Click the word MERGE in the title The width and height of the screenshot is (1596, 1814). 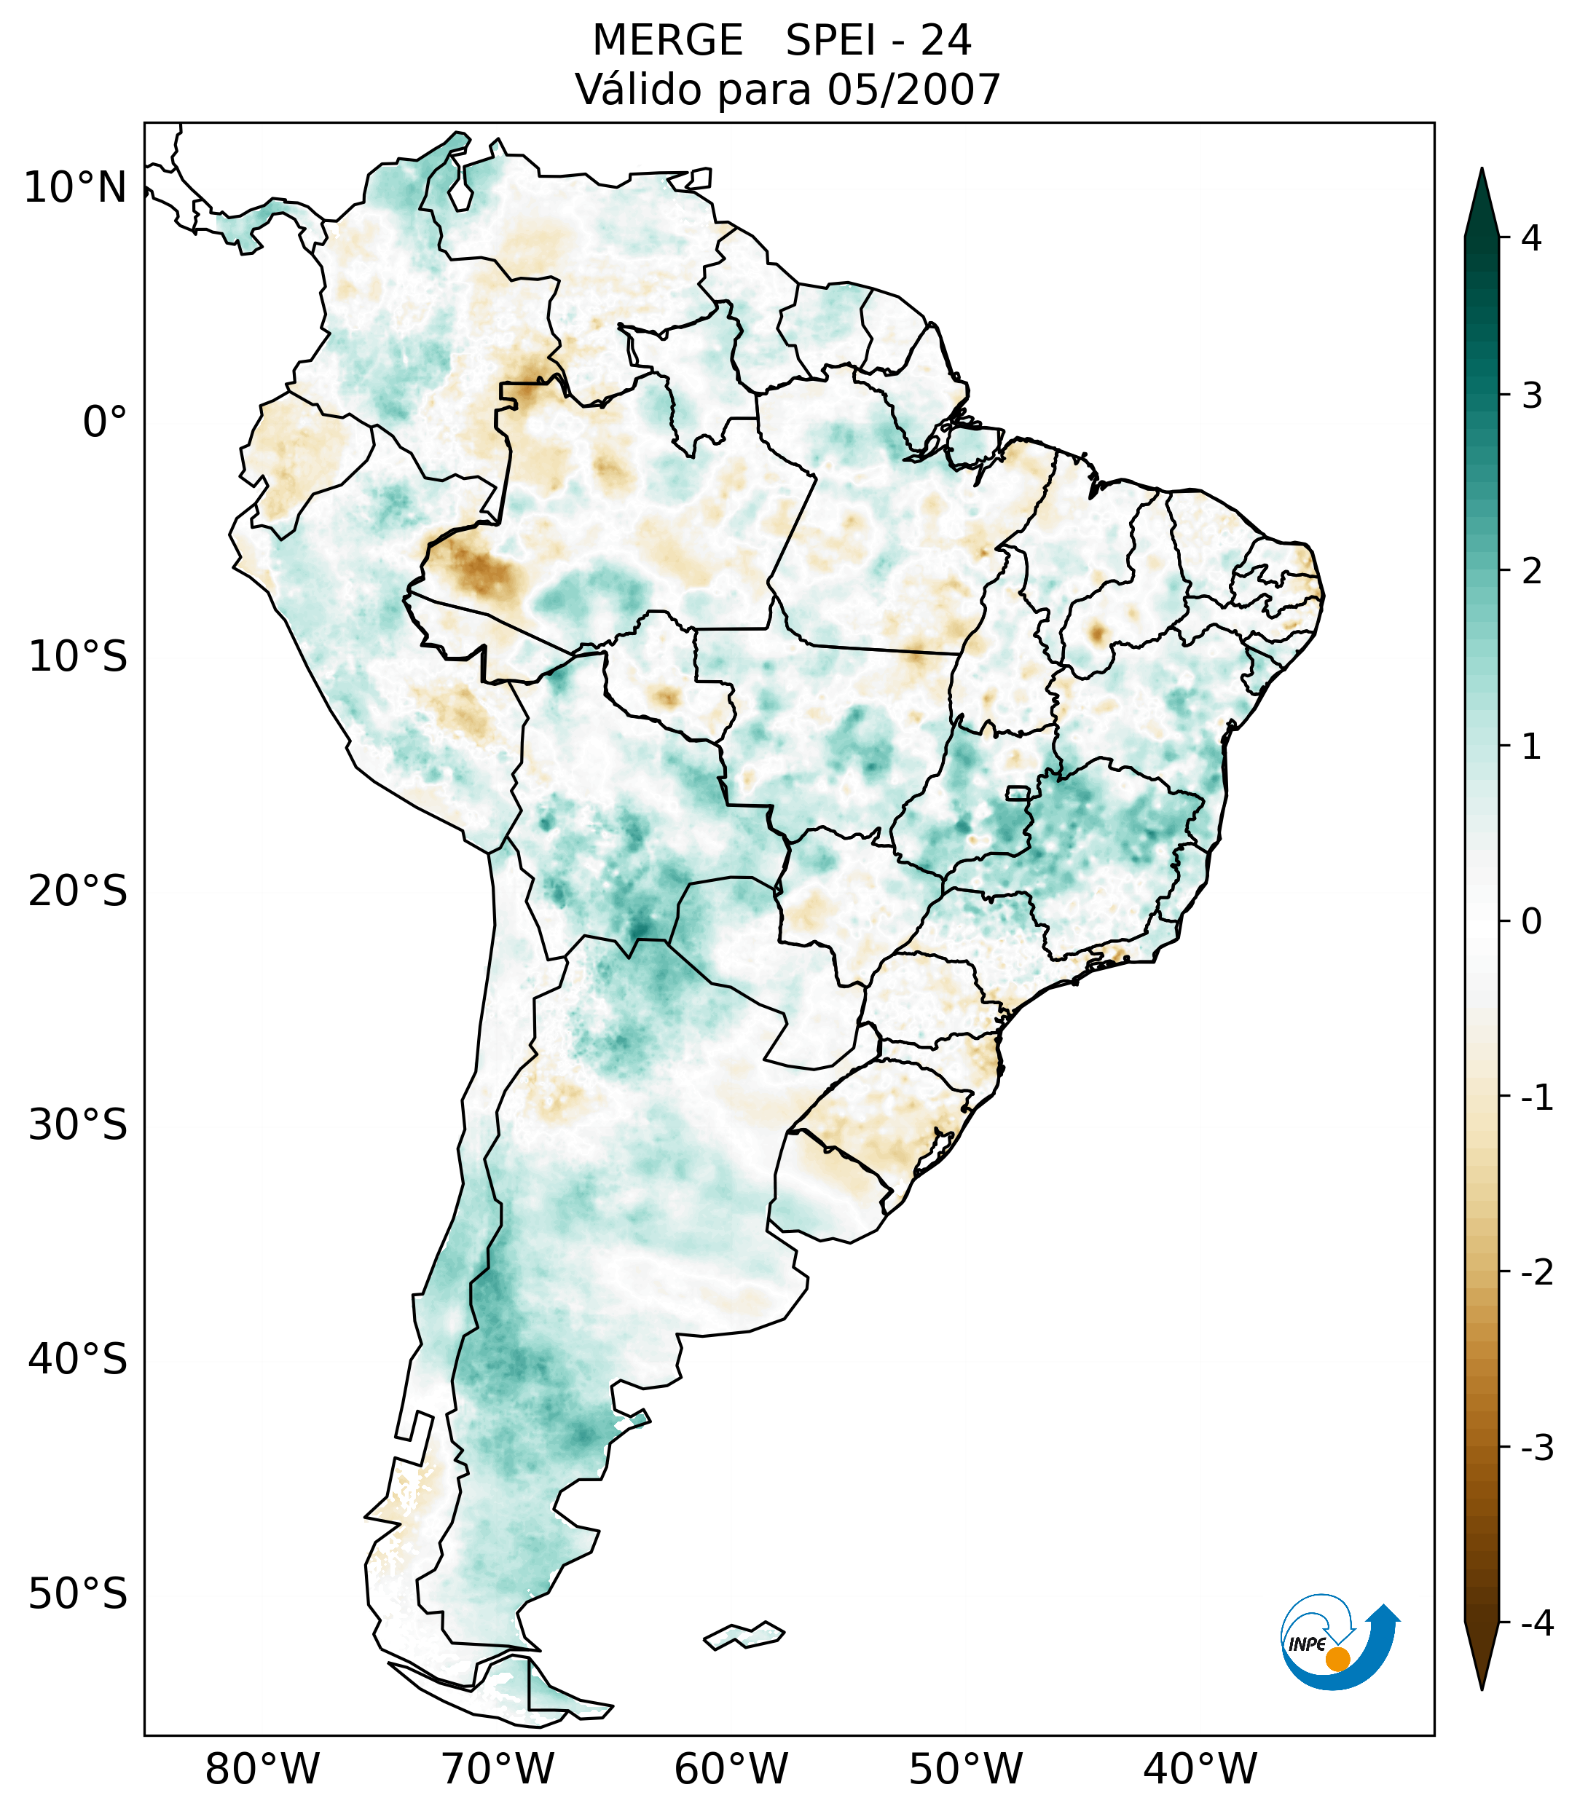coord(667,41)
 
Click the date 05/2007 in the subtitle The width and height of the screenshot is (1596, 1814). coord(913,90)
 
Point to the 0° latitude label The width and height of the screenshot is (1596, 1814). coord(105,422)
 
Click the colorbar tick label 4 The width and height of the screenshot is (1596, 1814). coord(1531,238)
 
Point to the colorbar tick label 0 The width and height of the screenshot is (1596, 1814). coord(1531,921)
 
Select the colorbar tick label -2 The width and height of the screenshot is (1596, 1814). coord(1536,1273)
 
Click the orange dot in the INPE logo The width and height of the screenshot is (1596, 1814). coord(1337,1659)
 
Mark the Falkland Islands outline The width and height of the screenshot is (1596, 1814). coord(744,1635)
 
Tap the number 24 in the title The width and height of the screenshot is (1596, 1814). coord(946,41)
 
